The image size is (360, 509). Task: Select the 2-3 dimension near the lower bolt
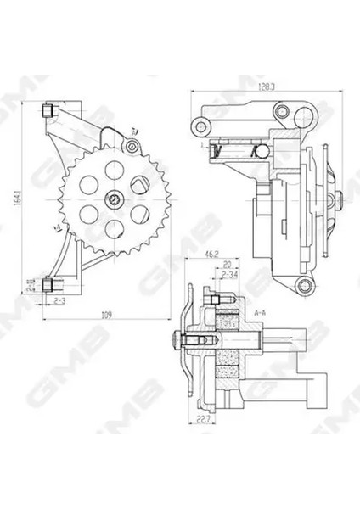pyautogui.click(x=60, y=301)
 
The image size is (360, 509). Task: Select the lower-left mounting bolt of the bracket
pyautogui.click(x=51, y=283)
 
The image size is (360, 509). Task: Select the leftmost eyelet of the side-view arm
pyautogui.click(x=200, y=127)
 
